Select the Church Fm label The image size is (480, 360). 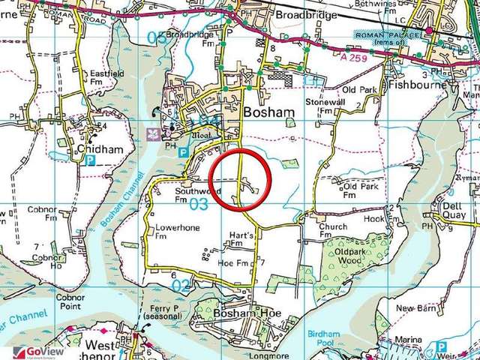[x=332, y=230]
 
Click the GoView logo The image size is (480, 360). [x=32, y=352]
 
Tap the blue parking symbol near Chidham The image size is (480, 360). [x=91, y=160]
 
